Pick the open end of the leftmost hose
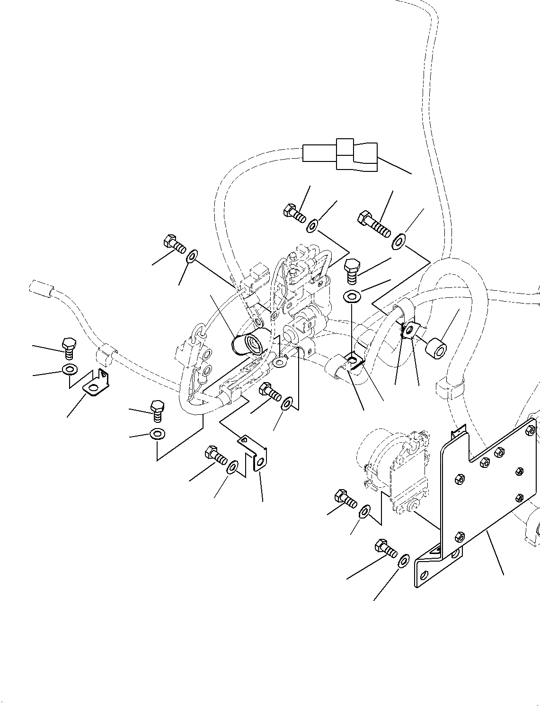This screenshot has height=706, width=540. pyautogui.click(x=39, y=287)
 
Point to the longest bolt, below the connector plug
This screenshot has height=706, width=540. pyautogui.click(x=374, y=224)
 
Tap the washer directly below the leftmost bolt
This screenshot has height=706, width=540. pyautogui.click(x=70, y=369)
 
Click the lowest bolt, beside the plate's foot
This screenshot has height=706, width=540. pyautogui.click(x=386, y=548)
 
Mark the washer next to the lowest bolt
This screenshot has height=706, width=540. pyautogui.click(x=404, y=562)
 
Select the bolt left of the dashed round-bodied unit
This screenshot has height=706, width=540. pyautogui.click(x=345, y=499)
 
